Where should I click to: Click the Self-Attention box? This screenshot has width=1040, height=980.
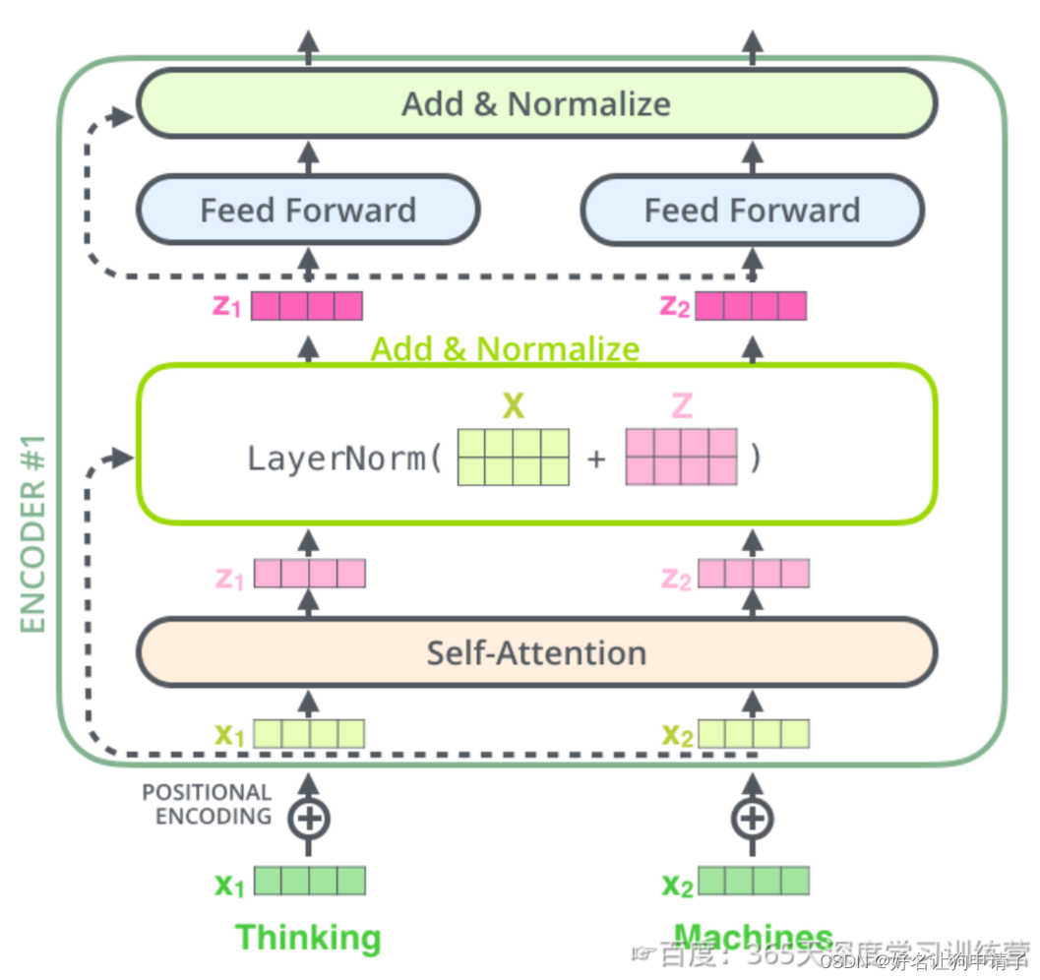pos(536,652)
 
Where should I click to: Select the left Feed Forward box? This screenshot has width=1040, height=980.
pos(308,210)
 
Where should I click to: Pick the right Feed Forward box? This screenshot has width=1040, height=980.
pos(752,210)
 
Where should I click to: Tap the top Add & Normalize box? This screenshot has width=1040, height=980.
pos(536,103)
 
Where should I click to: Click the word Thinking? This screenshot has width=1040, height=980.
pos(308,937)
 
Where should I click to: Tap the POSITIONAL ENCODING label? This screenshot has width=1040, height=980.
pos(207,804)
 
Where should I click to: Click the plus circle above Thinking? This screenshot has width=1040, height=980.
pos(309,818)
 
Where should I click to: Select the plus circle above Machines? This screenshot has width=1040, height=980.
pos(752,818)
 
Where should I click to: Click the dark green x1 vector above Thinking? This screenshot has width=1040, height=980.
pos(310,881)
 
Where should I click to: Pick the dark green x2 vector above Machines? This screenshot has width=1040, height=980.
pos(754,881)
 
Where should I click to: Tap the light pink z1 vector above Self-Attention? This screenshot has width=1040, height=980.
pos(310,574)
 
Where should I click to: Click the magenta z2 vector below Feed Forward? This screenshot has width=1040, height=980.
pos(751,306)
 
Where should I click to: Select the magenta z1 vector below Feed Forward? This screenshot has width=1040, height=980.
pos(307,306)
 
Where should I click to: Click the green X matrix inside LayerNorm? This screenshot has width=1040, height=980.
pos(514,458)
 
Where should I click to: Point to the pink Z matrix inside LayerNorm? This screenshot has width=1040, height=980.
pos(681,458)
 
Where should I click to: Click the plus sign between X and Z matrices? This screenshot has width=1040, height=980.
pos(596,459)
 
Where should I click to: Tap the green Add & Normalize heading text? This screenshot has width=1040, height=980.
pos(505,348)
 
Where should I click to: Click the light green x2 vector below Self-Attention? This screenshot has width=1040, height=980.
pos(754,734)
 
